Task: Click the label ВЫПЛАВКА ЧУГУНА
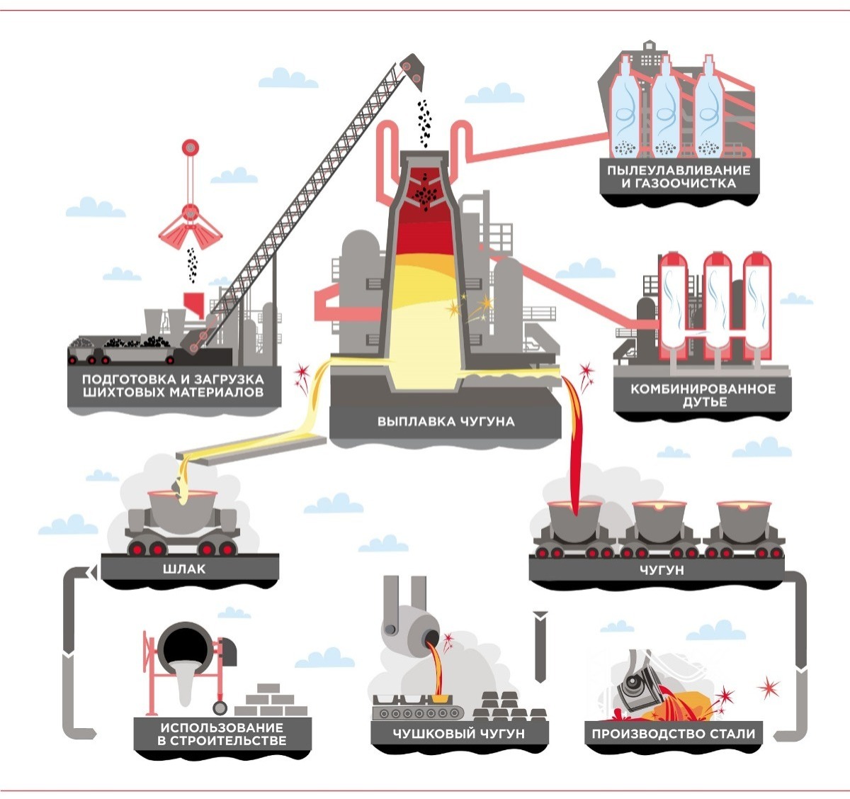[446, 421]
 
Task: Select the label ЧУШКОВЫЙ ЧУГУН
[459, 734]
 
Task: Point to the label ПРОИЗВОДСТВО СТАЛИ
[673, 734]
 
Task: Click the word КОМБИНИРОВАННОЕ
[693, 389]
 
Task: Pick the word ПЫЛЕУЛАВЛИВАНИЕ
[678, 170]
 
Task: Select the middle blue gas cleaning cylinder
[666, 110]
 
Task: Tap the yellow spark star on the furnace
[484, 305]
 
